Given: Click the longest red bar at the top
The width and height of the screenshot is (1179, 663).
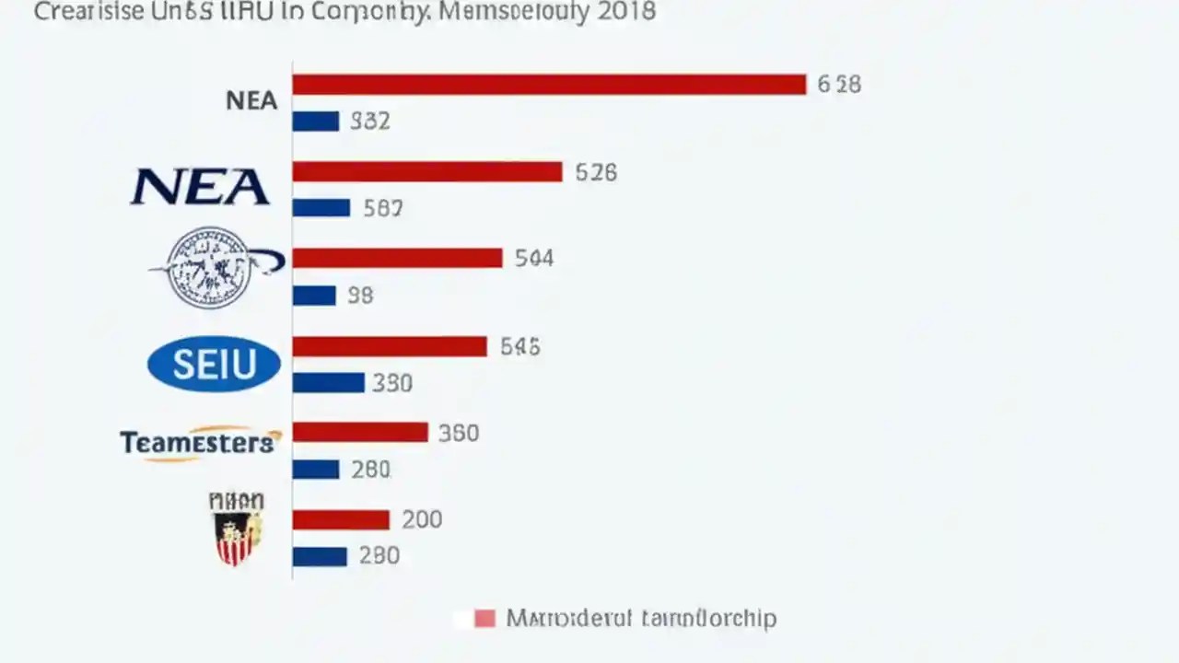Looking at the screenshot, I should (549, 85).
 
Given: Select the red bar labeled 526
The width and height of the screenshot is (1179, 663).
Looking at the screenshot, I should (427, 171).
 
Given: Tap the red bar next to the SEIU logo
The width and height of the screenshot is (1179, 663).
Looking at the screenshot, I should (390, 346).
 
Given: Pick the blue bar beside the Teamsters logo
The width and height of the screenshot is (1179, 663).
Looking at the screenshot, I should (316, 470).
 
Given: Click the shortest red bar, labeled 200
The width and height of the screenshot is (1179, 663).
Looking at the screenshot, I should (341, 519).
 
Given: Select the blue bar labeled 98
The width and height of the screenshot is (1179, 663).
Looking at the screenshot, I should (314, 296).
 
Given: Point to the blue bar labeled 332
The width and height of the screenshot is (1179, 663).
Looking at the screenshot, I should (316, 121).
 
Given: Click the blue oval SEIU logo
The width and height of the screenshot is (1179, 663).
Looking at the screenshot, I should (214, 365).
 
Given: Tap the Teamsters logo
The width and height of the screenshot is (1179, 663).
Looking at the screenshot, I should (199, 443).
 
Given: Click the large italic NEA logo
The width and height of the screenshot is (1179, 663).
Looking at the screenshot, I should (200, 187).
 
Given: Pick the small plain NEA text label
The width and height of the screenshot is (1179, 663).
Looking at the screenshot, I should (251, 100).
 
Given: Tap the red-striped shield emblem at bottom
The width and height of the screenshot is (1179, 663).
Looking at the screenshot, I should (237, 529).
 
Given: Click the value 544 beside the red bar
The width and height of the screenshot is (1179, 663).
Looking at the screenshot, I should (534, 258).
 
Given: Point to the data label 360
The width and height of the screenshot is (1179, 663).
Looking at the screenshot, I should (459, 433).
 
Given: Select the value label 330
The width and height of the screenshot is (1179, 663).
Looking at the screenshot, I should (392, 382).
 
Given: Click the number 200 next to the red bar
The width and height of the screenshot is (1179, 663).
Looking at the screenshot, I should (422, 519).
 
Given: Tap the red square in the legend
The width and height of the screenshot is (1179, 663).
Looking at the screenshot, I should (484, 618).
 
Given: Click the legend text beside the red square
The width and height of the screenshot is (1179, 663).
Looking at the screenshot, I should (641, 618).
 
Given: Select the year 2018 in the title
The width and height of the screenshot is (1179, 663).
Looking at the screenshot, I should (624, 11).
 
